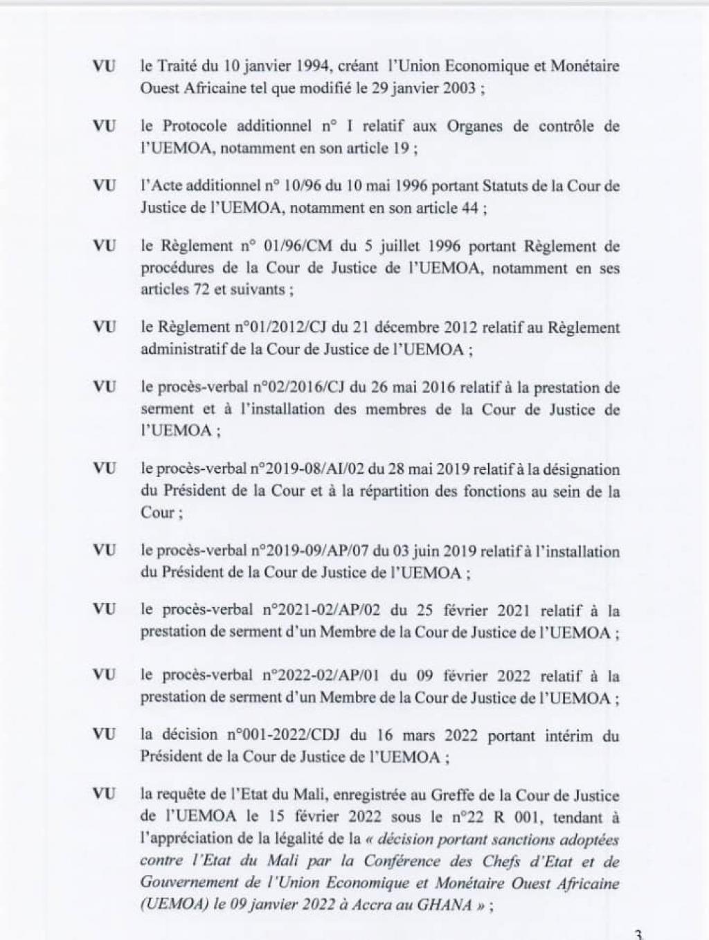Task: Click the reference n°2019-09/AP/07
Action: [x=309, y=551]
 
